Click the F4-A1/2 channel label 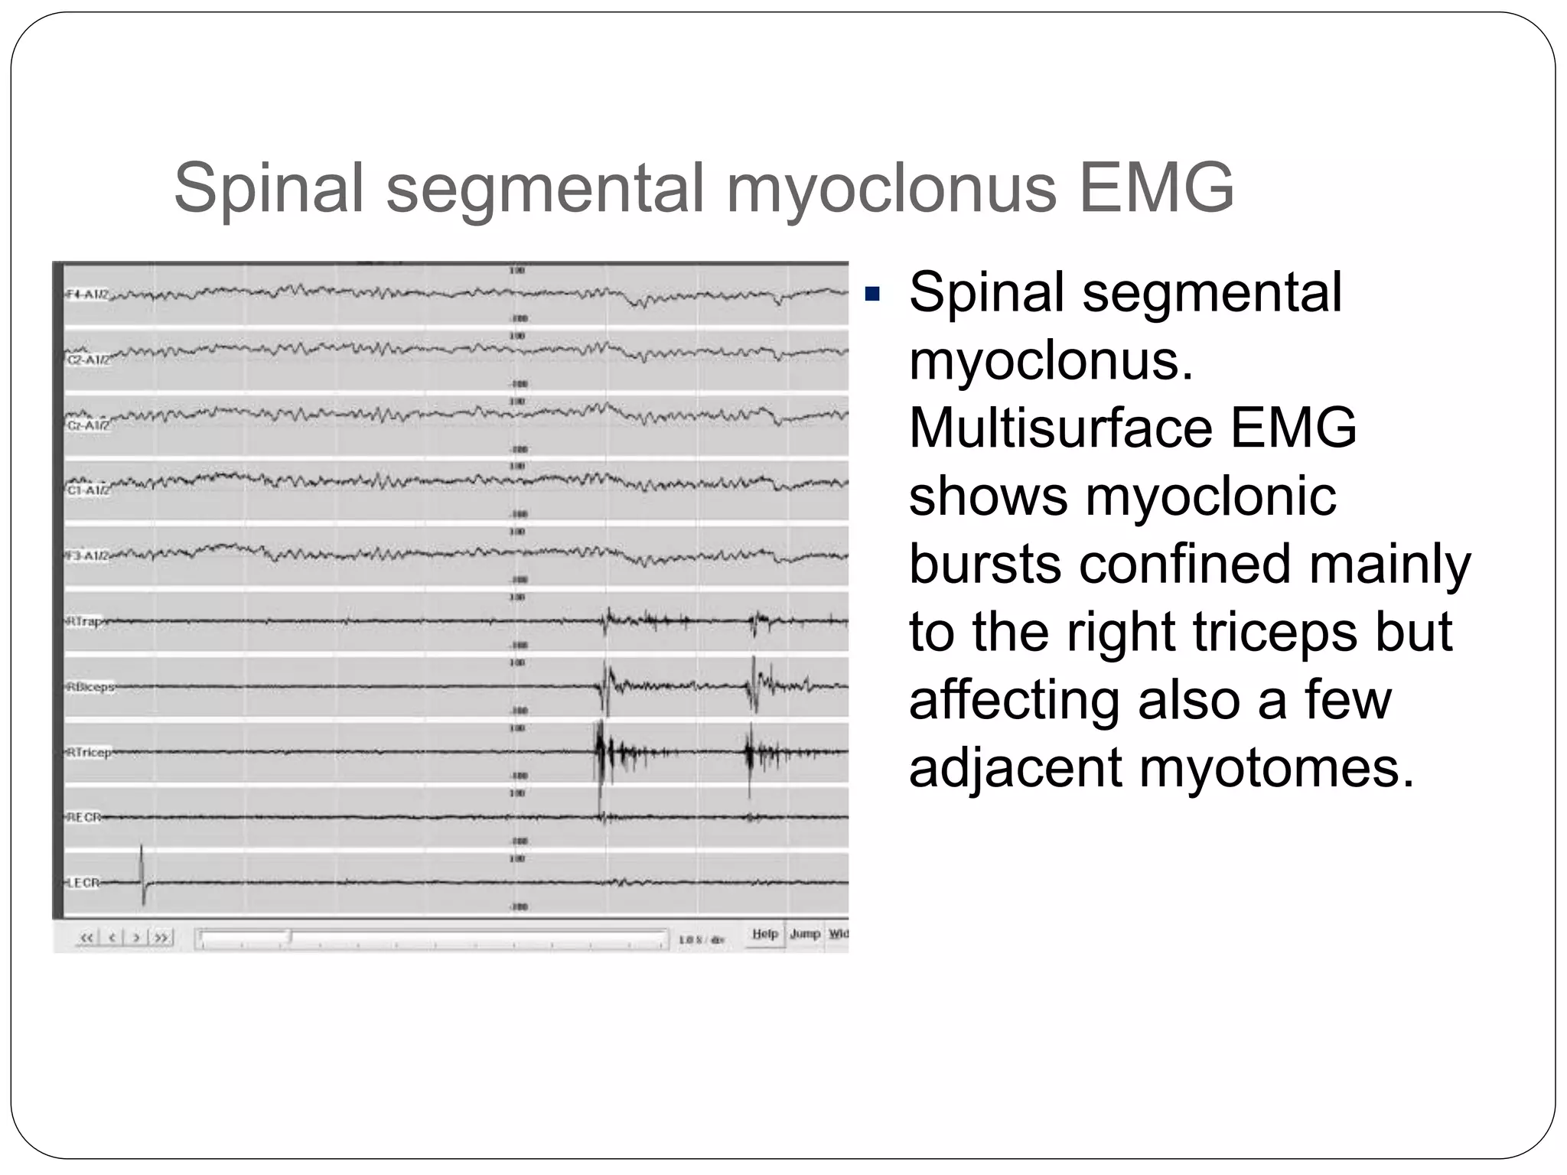tap(86, 295)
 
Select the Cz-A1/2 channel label tap(86, 425)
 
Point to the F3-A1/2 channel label tap(86, 556)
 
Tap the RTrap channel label tap(84, 621)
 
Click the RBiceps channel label tap(90, 687)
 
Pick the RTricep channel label tap(89, 752)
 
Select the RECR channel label tap(83, 817)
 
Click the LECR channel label tap(83, 883)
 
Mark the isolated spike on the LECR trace tap(142, 876)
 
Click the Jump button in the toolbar tap(805, 934)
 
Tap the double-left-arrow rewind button tap(87, 938)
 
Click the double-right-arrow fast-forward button tap(161, 938)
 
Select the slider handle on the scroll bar tap(289, 937)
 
